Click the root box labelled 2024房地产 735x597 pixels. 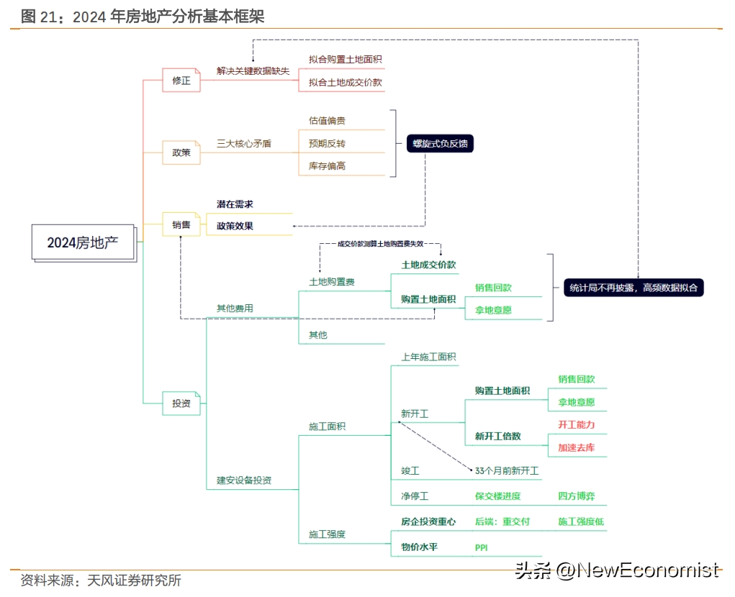[x=83, y=242]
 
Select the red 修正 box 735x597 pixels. [x=181, y=81]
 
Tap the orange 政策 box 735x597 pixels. [x=181, y=152]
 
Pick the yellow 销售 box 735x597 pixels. [x=181, y=225]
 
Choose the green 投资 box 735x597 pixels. [x=181, y=404]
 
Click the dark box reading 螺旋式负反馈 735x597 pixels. [x=439, y=143]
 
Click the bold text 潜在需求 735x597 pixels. [x=235, y=204]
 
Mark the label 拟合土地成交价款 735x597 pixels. [x=345, y=83]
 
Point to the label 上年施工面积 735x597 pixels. [x=428, y=357]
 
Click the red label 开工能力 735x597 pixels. [x=577, y=425]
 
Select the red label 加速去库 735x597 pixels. [x=577, y=447]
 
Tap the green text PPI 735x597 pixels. [x=482, y=548]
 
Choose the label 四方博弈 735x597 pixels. [x=577, y=496]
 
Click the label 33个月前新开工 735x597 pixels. [x=507, y=471]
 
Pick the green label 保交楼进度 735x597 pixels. [x=497, y=496]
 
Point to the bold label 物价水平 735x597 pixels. [x=420, y=547]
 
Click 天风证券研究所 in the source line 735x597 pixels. [x=134, y=580]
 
